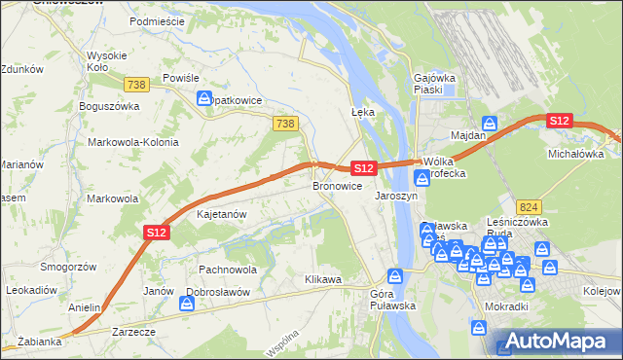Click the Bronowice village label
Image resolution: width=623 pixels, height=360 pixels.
(337, 185)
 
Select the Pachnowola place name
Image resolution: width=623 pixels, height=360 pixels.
(227, 270)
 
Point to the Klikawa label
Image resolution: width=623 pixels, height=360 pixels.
(322, 279)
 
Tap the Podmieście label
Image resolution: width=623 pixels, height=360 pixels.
(156, 20)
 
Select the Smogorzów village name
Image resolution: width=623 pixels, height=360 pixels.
(66, 267)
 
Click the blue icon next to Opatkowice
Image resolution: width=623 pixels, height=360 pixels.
(203, 98)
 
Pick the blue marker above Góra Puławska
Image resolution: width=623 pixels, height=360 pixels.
(394, 276)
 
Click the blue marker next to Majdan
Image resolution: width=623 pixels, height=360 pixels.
(492, 125)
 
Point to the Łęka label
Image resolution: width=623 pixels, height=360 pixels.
(362, 112)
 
